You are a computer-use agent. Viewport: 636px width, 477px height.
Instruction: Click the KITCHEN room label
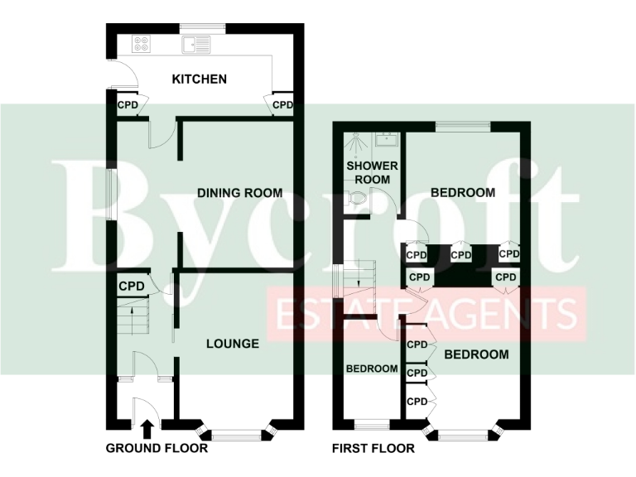click(x=199, y=79)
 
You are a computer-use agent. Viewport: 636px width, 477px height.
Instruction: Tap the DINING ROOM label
click(x=239, y=193)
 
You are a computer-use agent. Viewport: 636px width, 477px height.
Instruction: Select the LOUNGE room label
click(x=233, y=344)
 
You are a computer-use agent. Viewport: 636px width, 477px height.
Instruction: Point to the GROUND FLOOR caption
click(x=157, y=449)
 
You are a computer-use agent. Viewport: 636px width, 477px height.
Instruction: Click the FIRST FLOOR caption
click(x=373, y=449)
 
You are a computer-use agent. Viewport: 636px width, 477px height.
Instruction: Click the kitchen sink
click(x=198, y=45)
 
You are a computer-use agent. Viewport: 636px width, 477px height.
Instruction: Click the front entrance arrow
click(x=147, y=428)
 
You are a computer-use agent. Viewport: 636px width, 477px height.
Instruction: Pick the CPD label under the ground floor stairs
click(x=132, y=287)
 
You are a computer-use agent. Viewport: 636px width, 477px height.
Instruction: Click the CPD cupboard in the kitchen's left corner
click(x=128, y=105)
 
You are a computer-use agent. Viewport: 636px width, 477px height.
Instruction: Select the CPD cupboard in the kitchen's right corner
click(x=282, y=105)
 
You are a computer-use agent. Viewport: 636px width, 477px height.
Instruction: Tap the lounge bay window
click(x=236, y=432)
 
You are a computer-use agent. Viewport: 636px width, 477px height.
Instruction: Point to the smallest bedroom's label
click(x=372, y=369)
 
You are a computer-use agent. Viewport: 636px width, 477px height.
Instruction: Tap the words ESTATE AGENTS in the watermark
click(x=426, y=315)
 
